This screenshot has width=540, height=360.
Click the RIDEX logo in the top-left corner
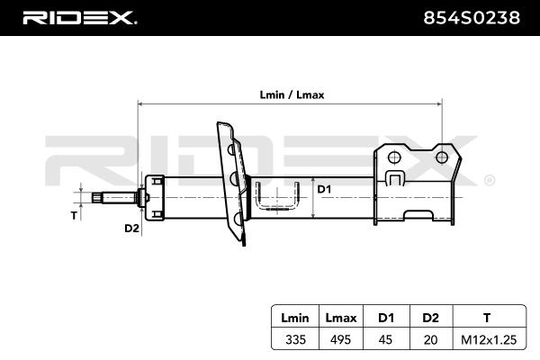pos(79,18)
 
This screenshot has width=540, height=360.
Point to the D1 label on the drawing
pos(325,189)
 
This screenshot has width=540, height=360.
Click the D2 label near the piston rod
pos(131,229)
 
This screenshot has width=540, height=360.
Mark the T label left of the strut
pos(75,216)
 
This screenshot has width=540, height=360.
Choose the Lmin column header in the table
pos(294,317)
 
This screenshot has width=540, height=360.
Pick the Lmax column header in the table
pos(341,317)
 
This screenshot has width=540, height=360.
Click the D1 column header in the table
pos(385,317)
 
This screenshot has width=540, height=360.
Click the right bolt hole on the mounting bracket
pos(441,157)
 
